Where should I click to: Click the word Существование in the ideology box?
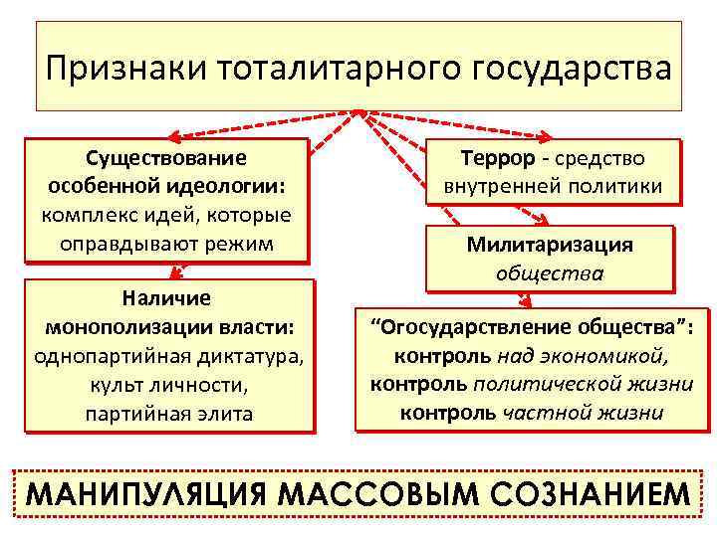[165, 158]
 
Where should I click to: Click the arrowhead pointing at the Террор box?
[551, 136]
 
